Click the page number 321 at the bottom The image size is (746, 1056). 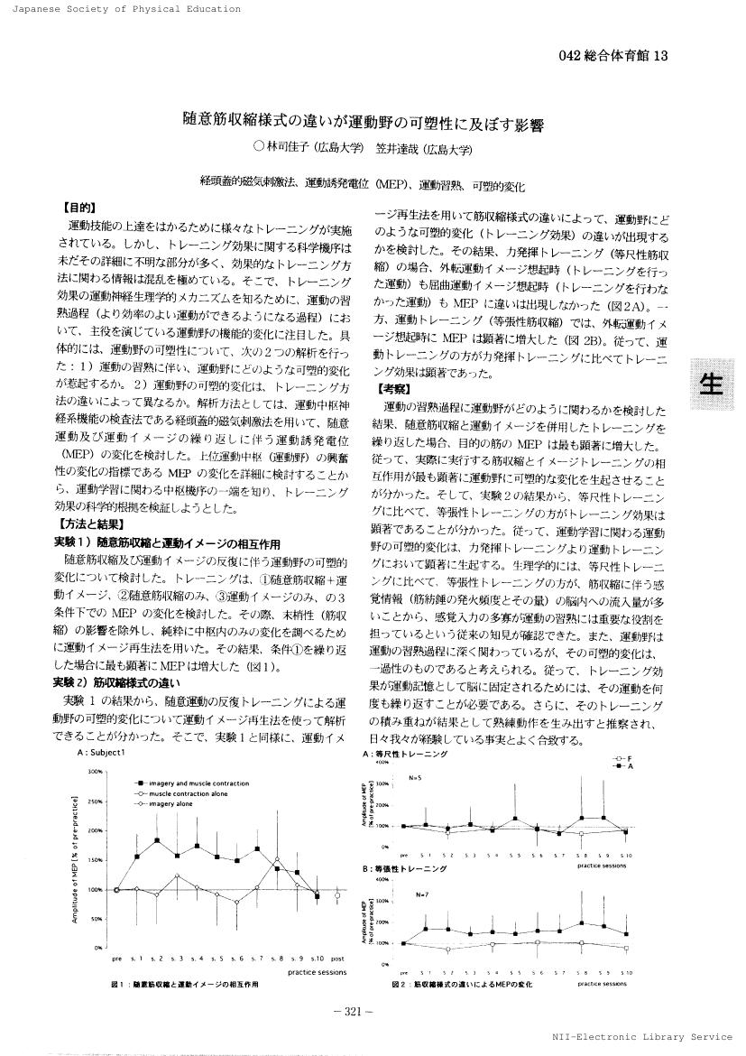click(x=372, y=1010)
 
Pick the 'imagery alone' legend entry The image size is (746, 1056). click(x=172, y=801)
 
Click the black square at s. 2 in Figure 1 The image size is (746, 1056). click(x=157, y=840)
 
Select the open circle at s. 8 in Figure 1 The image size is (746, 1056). click(x=278, y=860)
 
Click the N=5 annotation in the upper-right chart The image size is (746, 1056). click(x=416, y=776)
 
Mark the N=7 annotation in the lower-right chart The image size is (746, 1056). click(x=422, y=894)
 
